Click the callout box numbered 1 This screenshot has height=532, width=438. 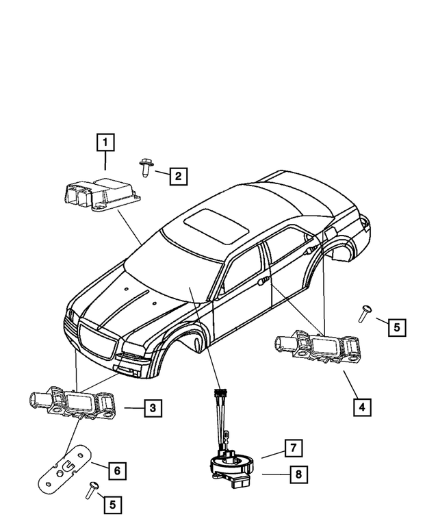click(x=105, y=142)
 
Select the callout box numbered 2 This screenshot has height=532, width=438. click(x=177, y=176)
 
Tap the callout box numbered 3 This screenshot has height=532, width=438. click(x=153, y=409)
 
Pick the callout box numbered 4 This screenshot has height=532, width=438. click(x=363, y=407)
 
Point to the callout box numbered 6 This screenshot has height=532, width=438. click(x=117, y=470)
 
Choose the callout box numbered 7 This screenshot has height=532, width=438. click(x=292, y=448)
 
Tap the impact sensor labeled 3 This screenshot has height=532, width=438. click(x=71, y=403)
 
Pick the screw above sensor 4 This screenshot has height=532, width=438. click(x=365, y=313)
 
